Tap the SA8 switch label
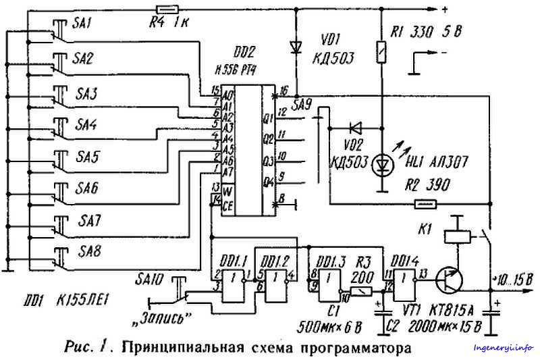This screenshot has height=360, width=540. point(88,251)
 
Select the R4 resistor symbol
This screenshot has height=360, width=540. point(167,9)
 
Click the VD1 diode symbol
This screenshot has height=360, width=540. point(295,47)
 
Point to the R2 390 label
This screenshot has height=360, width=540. point(429,184)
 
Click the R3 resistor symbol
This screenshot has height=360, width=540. point(362,290)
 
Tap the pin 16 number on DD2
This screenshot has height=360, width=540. point(284,91)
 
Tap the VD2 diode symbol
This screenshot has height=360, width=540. point(356,126)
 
